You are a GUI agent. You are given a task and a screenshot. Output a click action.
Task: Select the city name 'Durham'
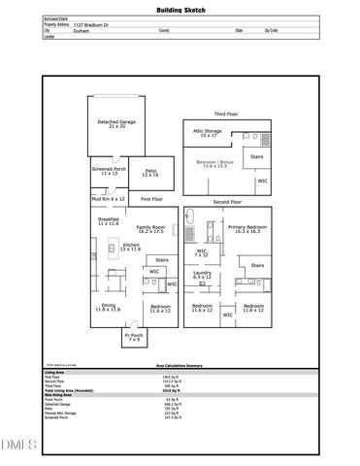[82, 31]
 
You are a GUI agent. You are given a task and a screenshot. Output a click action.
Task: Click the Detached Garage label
[118, 124]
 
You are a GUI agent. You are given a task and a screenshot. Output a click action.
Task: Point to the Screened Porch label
[109, 172]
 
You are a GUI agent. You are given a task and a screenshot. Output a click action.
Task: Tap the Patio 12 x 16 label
[149, 174]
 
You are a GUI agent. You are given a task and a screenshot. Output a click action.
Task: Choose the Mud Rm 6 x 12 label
[109, 198]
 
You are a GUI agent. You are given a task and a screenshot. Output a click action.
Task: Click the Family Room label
[150, 230]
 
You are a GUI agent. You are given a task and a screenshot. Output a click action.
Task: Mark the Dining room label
[108, 308]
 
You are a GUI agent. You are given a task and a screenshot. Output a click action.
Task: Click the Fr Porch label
[133, 339]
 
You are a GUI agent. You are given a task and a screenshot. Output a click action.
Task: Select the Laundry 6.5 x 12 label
[202, 276]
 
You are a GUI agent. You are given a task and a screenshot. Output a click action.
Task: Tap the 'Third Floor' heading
[226, 114]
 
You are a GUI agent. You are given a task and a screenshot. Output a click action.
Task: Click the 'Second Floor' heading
[227, 201]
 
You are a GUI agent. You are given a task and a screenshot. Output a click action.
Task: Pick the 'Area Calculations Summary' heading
[180, 365]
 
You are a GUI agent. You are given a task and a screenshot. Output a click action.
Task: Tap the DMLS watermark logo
[16, 446]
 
